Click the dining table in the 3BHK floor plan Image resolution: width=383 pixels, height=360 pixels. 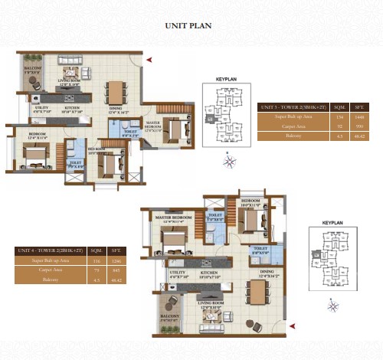click(115, 91)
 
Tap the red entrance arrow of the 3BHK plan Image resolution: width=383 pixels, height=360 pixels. click(150, 59)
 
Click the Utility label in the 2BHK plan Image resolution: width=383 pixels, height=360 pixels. click(178, 275)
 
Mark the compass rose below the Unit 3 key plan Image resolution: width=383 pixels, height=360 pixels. click(229, 161)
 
